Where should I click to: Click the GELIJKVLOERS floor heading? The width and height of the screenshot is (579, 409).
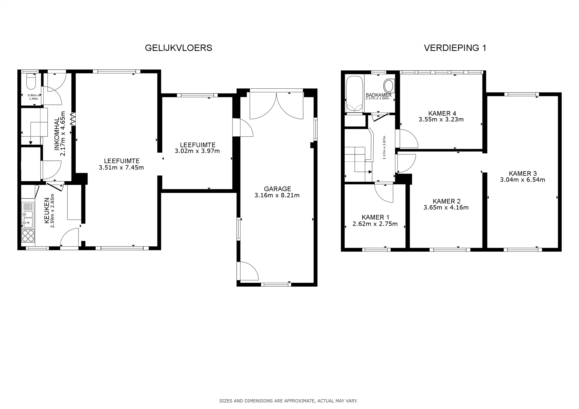pyautogui.click(x=179, y=48)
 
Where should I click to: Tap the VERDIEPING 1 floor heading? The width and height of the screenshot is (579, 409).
pyautogui.click(x=455, y=48)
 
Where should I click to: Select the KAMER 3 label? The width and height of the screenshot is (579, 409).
pyautogui.click(x=523, y=173)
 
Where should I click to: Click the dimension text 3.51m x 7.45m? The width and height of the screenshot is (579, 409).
pyautogui.click(x=121, y=167)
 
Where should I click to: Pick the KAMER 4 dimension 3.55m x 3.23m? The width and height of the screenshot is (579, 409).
pyautogui.click(x=441, y=119)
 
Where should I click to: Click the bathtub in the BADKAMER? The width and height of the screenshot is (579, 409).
pyautogui.click(x=354, y=94)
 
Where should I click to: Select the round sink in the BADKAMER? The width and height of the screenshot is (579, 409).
pyautogui.click(x=389, y=86)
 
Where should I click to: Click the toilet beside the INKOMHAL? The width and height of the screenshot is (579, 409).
pyautogui.click(x=31, y=81)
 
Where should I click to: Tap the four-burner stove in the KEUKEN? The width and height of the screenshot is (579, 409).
pyautogui.click(x=28, y=236)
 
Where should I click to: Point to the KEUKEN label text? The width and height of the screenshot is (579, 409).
pyautogui.click(x=47, y=211)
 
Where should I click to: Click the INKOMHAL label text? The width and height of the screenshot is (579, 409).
pyautogui.click(x=57, y=134)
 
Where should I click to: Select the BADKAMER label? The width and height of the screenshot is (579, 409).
pyautogui.click(x=378, y=95)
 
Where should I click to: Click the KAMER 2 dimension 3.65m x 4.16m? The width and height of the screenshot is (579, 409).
pyautogui.click(x=446, y=208)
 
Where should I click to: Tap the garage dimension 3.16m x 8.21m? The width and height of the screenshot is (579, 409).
pyautogui.click(x=277, y=195)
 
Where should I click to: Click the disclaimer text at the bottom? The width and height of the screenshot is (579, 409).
pyautogui.click(x=288, y=401)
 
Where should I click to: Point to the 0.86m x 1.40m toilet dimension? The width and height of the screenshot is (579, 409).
pyautogui.click(x=34, y=97)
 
